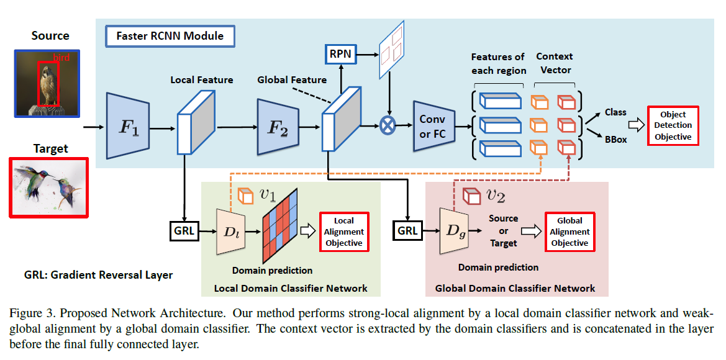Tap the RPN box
click(340, 54)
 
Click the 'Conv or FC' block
click(433, 126)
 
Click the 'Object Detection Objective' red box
click(673, 125)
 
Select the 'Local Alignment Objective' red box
click(343, 232)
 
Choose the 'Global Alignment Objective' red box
click(569, 232)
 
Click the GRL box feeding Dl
click(184, 231)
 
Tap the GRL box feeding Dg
click(407, 231)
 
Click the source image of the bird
click(47, 83)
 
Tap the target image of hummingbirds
click(49, 187)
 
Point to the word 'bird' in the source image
click(61, 57)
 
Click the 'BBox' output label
click(615, 140)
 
